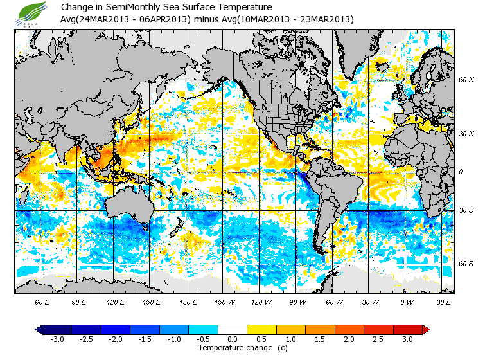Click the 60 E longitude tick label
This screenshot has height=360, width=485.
(42, 301)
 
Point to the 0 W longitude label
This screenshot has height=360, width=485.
(406, 301)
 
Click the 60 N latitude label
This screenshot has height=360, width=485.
(466, 80)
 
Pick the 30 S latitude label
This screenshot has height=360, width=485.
(466, 210)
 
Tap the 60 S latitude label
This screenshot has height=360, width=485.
(466, 264)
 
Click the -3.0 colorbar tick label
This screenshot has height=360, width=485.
(57, 339)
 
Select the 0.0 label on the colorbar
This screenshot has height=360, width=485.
(233, 339)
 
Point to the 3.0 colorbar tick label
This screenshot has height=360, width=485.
(407, 339)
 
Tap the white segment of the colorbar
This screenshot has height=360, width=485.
(233, 329)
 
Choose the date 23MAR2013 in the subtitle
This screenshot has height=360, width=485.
(325, 19)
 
